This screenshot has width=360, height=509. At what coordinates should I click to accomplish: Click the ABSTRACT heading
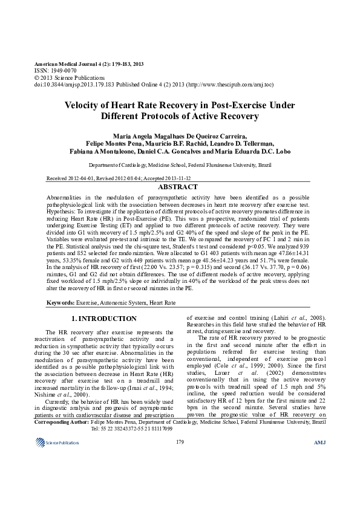pos(180,187)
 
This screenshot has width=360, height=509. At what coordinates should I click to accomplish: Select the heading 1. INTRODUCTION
pos(103,318)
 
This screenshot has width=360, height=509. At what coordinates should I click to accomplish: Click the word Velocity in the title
pos(83,105)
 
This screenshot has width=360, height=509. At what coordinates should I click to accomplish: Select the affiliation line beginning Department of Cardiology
pos(180,164)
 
